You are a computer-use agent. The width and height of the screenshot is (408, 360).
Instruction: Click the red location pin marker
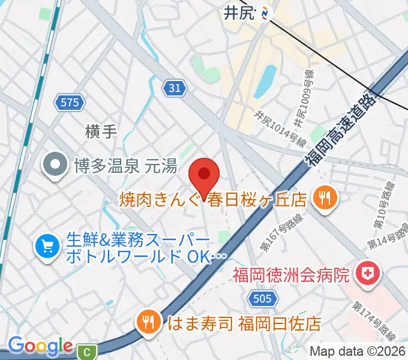[204, 176]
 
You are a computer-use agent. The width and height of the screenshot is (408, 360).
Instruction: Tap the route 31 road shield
[173, 88]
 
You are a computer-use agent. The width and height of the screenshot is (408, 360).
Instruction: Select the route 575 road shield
[70, 103]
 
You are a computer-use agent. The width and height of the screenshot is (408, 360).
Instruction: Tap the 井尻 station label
[241, 13]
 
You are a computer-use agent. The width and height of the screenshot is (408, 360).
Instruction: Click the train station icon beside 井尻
[266, 13]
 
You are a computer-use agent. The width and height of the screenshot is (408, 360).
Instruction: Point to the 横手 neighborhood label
[100, 131]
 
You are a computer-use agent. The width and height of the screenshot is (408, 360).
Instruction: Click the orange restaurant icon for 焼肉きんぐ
[326, 197]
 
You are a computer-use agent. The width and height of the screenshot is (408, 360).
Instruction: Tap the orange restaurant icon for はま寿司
[146, 323]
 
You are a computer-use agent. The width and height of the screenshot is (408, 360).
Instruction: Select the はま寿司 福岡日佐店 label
[244, 324]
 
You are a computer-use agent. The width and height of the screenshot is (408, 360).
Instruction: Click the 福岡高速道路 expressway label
[340, 128]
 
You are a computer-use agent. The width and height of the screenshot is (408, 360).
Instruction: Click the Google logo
[40, 346]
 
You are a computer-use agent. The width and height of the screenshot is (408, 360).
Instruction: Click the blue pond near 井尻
[265, 83]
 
